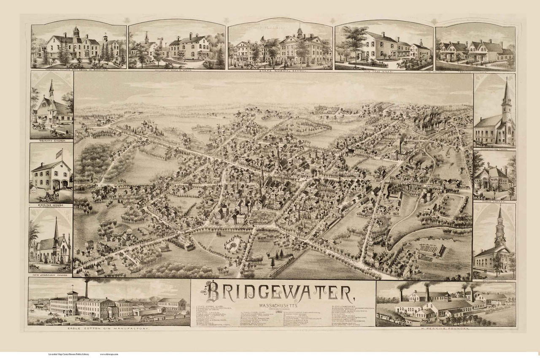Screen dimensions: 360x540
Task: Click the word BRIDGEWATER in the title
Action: (x=283, y=292)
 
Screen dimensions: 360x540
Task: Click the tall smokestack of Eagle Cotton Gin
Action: (x=86, y=289)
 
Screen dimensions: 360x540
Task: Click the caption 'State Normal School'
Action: (x=280, y=71)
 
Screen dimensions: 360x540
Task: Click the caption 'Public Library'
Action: (x=494, y=201)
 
